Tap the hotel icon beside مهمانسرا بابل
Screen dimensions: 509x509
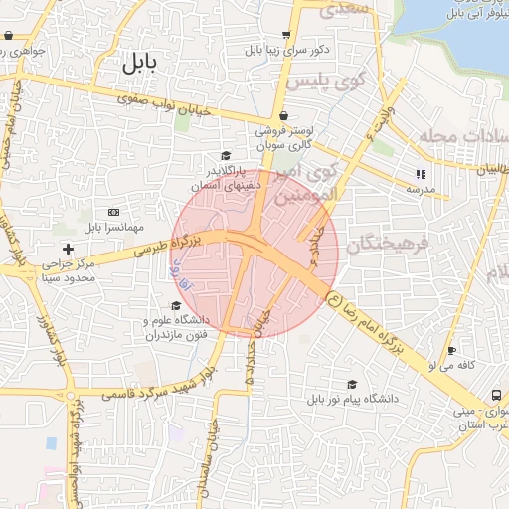tap(112, 212)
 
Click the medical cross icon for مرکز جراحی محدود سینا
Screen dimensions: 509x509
tap(68, 248)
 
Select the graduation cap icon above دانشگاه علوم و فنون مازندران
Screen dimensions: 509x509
tap(176, 306)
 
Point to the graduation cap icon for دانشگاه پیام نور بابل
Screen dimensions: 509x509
tap(351, 385)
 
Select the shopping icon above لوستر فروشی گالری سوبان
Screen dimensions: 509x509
tap(283, 115)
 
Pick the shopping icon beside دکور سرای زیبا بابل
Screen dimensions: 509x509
tap(286, 34)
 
